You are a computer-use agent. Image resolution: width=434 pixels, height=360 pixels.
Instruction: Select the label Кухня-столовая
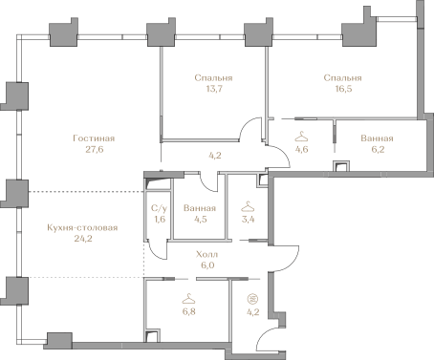(84, 227)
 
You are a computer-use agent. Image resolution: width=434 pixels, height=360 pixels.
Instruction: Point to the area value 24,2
(84, 239)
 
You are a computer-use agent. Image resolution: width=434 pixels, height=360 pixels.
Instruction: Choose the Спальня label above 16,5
(342, 77)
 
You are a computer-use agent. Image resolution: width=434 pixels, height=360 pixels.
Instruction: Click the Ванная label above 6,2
(377, 138)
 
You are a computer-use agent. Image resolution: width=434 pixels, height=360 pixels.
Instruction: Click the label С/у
(160, 208)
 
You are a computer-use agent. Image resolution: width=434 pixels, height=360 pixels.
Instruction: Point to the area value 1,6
(160, 219)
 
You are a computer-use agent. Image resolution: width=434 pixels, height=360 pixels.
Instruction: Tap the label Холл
(206, 255)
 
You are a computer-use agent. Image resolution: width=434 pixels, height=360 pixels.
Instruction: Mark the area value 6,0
(206, 266)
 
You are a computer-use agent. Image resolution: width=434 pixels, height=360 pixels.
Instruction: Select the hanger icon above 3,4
(249, 205)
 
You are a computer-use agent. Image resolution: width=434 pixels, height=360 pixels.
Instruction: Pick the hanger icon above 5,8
(187, 297)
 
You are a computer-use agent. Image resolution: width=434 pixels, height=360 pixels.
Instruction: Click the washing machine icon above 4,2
(252, 297)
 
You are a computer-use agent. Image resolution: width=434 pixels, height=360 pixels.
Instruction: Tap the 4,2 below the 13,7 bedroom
(215, 155)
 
